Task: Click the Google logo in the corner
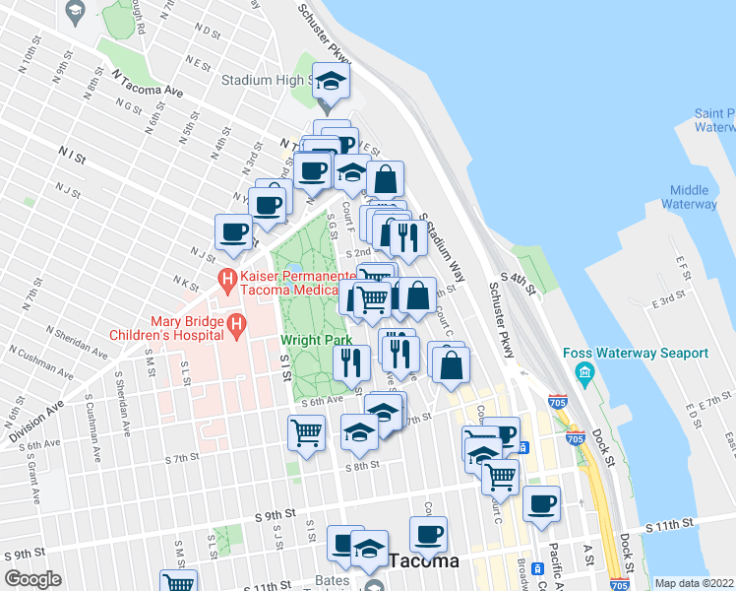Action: coord(32,579)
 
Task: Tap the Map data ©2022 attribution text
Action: coord(693,583)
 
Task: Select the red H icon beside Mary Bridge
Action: coord(236,323)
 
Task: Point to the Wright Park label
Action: coord(316,340)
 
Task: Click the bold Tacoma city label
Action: coord(424,561)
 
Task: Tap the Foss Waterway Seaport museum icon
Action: coord(584,373)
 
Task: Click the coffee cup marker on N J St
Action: coord(234,232)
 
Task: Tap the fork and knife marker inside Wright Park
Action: coord(351,361)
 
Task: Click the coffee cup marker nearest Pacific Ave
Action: coord(541,503)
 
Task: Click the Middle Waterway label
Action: coord(693,197)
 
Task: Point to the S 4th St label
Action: coord(522,285)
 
